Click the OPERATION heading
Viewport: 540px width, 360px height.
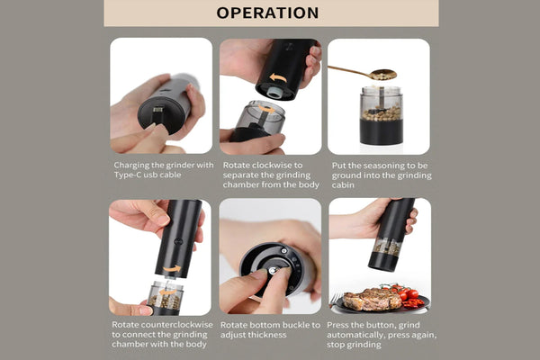click(267, 13)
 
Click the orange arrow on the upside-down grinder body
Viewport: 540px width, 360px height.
click(277, 78)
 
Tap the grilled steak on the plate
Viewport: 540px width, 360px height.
click(372, 299)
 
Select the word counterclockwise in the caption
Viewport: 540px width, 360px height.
click(177, 325)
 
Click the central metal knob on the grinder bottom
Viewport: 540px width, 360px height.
click(273, 270)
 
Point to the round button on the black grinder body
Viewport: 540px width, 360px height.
click(177, 241)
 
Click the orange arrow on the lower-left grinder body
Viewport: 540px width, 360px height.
click(172, 268)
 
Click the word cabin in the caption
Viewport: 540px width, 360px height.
click(343, 185)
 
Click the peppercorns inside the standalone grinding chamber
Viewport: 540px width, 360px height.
click(382, 113)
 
